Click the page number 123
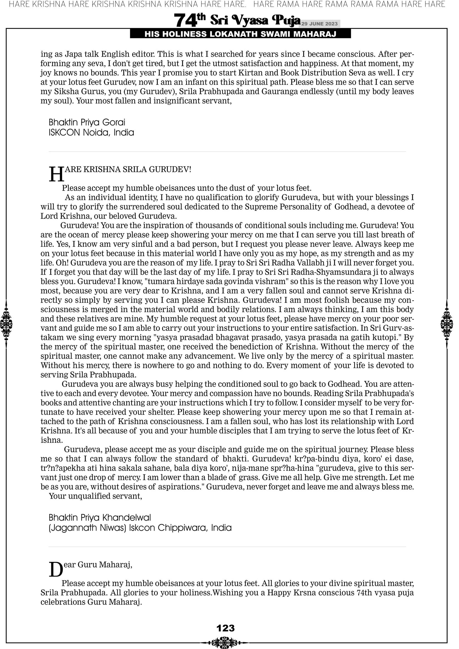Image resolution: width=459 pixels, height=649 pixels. pyautogui.click(x=226, y=628)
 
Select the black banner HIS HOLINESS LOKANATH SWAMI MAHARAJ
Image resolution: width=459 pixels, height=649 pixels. pyautogui.click(x=240, y=34)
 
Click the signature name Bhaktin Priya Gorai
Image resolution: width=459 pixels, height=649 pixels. pyautogui.click(x=87, y=122)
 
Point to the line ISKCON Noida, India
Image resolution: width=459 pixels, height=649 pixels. pyautogui.click(x=91, y=132)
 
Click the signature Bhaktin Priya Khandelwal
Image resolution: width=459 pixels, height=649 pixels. pyautogui.click(x=100, y=518)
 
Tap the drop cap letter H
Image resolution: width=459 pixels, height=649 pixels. pyautogui.click(x=56, y=174)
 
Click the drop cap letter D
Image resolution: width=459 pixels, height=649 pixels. pyautogui.click(x=56, y=569)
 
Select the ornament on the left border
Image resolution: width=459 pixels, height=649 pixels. pyautogui.click(x=6, y=324)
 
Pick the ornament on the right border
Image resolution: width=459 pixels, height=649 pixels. pyautogui.click(x=447, y=324)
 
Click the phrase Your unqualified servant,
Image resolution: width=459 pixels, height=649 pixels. pyautogui.click(x=95, y=496)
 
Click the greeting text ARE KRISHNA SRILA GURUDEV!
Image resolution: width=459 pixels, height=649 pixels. pyautogui.click(x=128, y=169)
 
